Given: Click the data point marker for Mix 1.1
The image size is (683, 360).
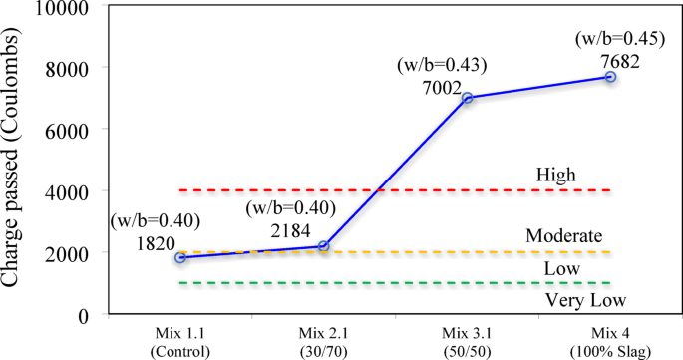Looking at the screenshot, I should click(179, 257).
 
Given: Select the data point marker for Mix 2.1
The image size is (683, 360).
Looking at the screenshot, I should click(324, 246).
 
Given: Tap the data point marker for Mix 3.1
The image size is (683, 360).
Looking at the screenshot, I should click(467, 98).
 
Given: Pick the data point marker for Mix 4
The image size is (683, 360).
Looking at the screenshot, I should click(610, 77).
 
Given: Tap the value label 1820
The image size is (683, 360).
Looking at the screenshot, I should click(156, 242).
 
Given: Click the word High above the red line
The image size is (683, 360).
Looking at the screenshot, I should click(557, 175).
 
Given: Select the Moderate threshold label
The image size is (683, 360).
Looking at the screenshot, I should click(564, 236).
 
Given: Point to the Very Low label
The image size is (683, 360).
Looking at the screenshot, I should click(578, 299).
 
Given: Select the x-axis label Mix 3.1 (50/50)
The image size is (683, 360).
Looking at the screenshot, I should click(466, 337).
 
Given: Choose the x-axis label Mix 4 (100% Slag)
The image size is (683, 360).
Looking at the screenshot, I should click(609, 337).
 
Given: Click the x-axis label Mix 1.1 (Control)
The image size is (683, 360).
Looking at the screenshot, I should click(179, 337).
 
